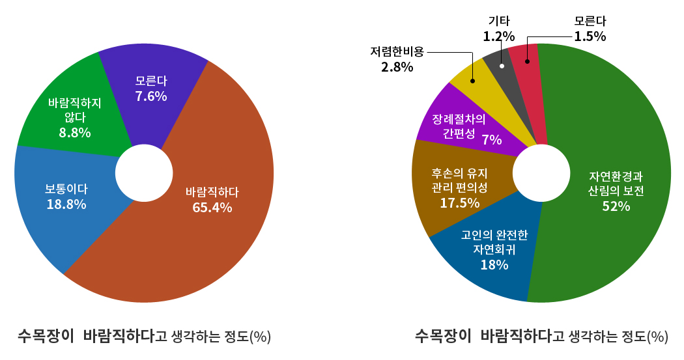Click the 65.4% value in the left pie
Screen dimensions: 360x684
point(212,208)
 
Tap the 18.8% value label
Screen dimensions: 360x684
point(66,204)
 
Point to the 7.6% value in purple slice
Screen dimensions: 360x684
point(151,96)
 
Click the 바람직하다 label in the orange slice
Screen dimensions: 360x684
point(212,192)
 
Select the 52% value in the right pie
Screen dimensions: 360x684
point(616,206)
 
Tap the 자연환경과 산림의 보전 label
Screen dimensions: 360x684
point(616,184)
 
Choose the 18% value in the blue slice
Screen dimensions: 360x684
point(494,264)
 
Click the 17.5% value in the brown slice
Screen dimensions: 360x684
point(459,202)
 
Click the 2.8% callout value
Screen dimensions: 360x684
point(397,66)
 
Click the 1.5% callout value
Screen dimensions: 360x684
point(590,36)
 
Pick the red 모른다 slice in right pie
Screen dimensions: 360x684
point(526,65)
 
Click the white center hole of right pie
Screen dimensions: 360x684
point(539,173)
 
